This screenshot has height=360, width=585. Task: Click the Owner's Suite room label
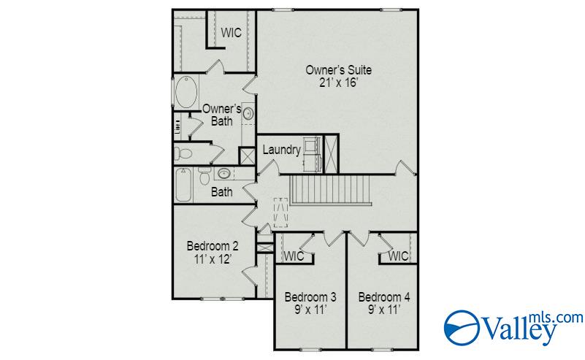click(x=339, y=70)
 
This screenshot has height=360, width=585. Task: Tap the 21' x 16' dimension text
click(x=339, y=83)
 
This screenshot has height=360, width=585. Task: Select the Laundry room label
click(x=282, y=150)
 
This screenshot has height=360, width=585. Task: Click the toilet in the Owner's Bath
click(x=183, y=153)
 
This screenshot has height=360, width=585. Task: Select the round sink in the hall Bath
click(x=223, y=174)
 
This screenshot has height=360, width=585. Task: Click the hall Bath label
click(x=221, y=193)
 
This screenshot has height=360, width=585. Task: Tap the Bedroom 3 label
click(x=310, y=297)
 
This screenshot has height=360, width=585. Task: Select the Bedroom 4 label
click(x=383, y=297)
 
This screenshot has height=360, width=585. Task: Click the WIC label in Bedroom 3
click(x=294, y=256)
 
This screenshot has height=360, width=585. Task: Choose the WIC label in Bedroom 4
click(x=399, y=256)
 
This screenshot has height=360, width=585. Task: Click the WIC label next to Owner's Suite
click(x=232, y=33)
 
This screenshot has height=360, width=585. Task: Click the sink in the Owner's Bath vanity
click(x=248, y=114)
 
